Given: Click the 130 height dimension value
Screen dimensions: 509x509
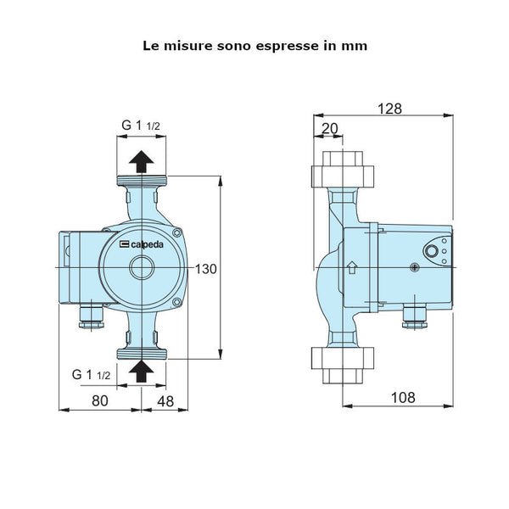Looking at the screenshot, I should tap(206, 269).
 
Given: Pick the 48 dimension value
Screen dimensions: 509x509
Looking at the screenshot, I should tap(165, 401).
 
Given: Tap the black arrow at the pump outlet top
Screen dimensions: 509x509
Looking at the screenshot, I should tap(142, 161).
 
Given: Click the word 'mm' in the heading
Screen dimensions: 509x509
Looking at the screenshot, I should tap(355, 46).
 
